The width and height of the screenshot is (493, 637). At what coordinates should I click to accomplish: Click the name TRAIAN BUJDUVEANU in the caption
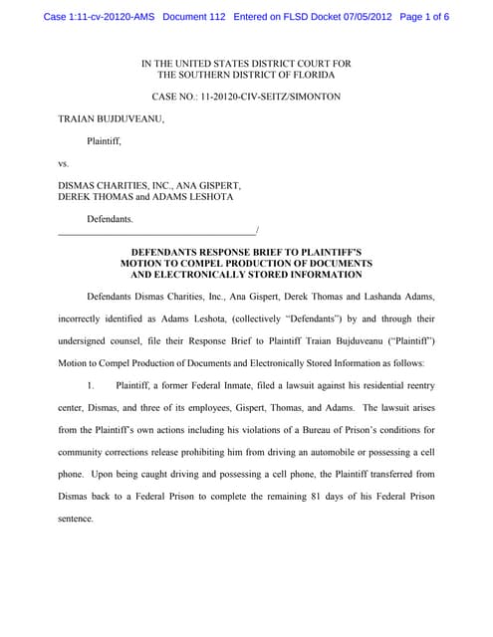click(111, 119)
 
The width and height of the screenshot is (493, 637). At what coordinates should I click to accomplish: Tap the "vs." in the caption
click(64, 162)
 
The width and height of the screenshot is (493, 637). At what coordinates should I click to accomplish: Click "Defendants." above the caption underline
click(111, 218)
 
